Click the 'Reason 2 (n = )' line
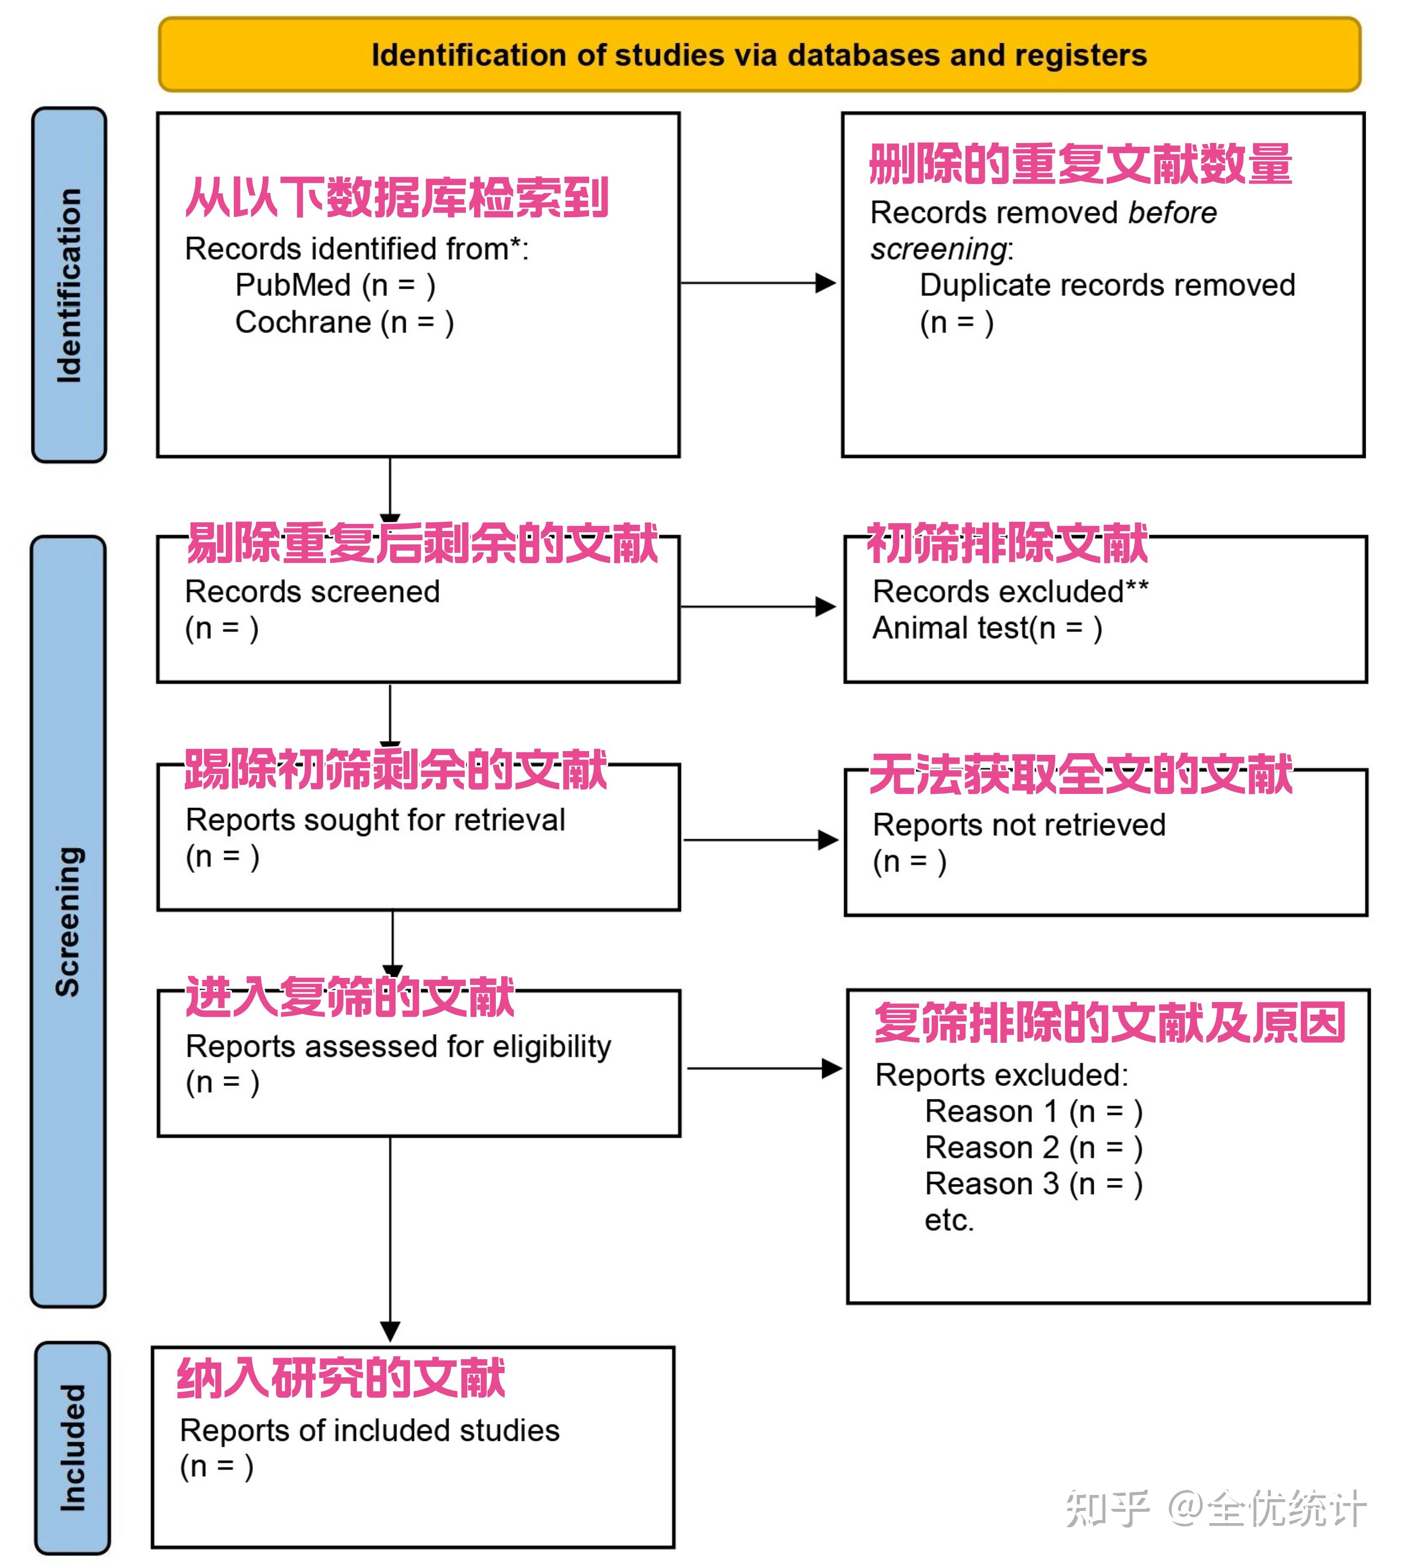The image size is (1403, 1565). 1033,1147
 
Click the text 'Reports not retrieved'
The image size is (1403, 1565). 1018,825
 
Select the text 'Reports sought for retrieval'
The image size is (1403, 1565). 375,819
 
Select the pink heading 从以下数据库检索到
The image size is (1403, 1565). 396,197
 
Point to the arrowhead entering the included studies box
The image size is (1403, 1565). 390,1332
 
